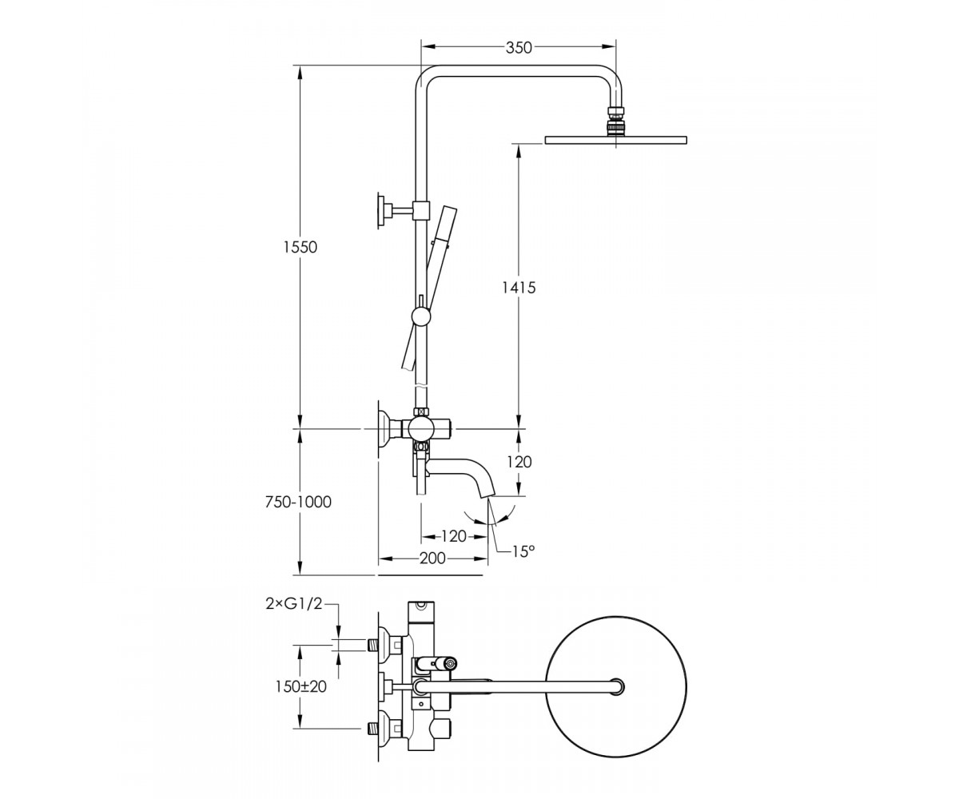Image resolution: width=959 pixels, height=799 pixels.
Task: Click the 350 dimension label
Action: point(519,47)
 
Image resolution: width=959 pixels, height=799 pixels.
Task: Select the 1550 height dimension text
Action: point(300,247)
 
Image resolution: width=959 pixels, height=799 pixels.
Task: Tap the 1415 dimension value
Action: point(519,288)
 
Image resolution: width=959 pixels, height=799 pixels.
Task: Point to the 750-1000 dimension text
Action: point(298,502)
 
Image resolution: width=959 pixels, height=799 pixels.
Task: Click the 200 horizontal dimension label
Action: point(432,558)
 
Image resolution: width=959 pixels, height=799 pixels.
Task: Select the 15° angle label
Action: point(523,551)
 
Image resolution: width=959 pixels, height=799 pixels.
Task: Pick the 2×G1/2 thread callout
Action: point(294,604)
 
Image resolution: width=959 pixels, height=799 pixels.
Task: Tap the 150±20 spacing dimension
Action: point(300,687)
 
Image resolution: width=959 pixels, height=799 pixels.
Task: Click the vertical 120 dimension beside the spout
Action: point(519,462)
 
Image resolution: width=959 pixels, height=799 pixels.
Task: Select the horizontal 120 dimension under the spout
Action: point(454,536)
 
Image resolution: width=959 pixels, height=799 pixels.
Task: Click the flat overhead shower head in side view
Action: point(616,139)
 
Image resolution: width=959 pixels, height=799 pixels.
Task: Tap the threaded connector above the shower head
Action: point(616,121)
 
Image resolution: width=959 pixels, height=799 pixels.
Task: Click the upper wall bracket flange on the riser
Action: point(381,209)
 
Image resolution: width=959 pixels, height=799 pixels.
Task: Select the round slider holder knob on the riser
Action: point(420,316)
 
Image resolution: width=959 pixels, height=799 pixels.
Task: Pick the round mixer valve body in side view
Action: point(420,429)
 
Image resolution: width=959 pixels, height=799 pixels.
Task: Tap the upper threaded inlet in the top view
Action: point(373,644)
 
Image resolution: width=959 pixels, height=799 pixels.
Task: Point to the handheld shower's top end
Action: point(448,209)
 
